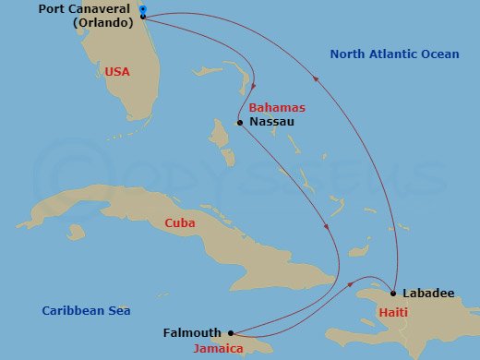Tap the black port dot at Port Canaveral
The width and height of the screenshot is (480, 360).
click(x=143, y=17)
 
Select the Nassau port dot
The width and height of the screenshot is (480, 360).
click(x=239, y=122)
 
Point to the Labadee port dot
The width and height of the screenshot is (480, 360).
click(x=394, y=294)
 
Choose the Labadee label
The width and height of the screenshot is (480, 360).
click(x=429, y=294)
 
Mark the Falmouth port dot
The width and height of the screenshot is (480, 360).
click(x=230, y=333)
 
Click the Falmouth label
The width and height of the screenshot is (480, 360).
click(x=192, y=333)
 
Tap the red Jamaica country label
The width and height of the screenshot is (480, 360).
click(x=218, y=349)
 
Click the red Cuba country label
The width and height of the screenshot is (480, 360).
click(x=179, y=222)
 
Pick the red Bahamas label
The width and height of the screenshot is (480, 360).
click(x=278, y=108)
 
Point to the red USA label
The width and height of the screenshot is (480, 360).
click(x=117, y=70)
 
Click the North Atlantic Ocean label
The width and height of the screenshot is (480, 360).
click(x=394, y=54)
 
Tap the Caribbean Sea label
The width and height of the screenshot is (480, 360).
click(x=86, y=311)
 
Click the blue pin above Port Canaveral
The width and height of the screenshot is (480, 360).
click(x=142, y=9)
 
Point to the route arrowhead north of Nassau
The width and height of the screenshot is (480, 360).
click(x=254, y=87)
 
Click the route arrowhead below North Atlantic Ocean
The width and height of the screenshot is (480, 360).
click(x=317, y=79)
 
